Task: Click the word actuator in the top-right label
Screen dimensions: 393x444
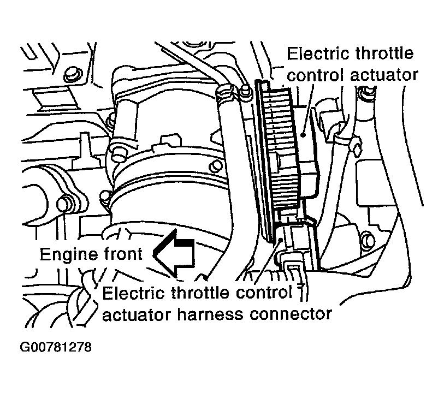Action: (x=382, y=74)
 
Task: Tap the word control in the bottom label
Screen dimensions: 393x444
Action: (x=265, y=293)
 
